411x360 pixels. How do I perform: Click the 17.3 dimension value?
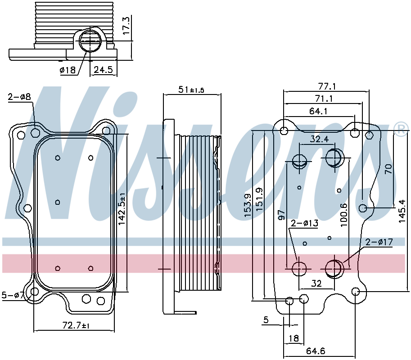pos(126,25)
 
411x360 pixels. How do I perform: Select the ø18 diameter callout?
pos(68,70)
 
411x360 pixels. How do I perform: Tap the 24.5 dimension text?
pos(103,70)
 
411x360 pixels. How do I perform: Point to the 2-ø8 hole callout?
pos(19,97)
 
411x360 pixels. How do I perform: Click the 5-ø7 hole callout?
pos(13,295)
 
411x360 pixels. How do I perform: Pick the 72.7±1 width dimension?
pos(76,326)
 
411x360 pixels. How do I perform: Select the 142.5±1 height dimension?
pos(122,209)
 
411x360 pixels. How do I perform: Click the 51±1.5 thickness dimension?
pos(191,90)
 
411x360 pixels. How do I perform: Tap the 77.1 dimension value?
pos(327,86)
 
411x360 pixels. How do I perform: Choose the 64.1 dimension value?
pos(318,111)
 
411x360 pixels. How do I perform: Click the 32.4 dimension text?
pos(319,139)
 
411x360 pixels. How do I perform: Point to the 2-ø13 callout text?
pos(305,223)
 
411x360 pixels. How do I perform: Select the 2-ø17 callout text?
pos(379,242)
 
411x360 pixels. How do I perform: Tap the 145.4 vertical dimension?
pos(402,211)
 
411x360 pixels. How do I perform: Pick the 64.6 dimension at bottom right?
pos(316,351)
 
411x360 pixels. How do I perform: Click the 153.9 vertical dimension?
pos(248,205)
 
